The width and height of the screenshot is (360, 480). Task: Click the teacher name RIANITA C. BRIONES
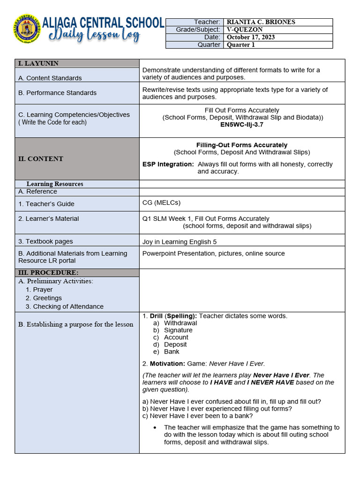(261, 22)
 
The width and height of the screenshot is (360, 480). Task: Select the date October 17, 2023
(251, 37)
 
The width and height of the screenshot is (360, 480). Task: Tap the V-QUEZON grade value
(245, 30)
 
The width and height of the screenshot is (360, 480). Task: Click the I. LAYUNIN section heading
(38, 63)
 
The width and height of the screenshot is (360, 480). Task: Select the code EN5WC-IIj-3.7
(242, 125)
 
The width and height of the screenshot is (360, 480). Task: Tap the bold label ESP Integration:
(168, 165)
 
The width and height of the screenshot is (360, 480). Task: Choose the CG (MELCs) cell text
(161, 202)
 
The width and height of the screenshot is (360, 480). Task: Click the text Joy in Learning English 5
(180, 242)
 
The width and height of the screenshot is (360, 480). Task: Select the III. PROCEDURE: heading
(48, 273)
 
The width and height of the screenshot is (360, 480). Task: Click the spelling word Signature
(178, 330)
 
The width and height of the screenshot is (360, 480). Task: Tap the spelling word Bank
(172, 352)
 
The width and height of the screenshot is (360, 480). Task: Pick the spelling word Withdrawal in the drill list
(180, 323)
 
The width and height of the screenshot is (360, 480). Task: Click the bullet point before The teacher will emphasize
(155, 427)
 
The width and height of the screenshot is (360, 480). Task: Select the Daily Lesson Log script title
(91, 36)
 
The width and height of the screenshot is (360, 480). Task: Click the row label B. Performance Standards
(57, 93)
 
